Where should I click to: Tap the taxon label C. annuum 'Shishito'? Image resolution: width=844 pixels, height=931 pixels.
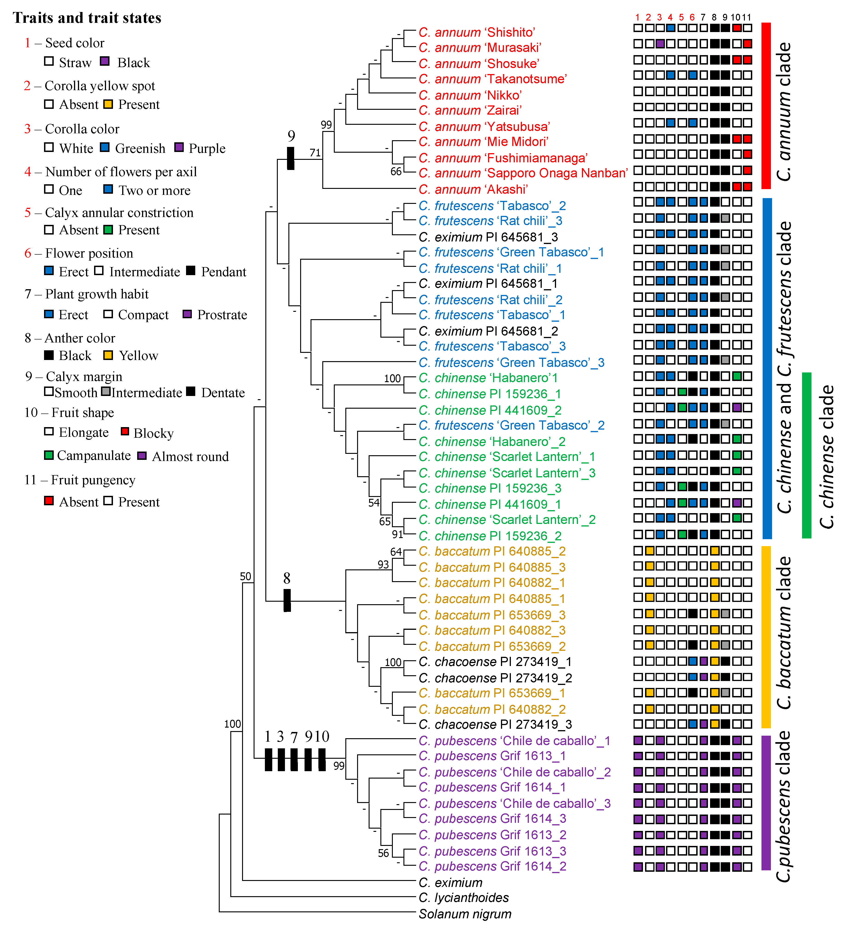477,32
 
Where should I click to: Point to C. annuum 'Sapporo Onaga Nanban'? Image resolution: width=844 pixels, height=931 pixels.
523,173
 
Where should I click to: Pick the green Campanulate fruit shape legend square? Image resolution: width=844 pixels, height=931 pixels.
48,455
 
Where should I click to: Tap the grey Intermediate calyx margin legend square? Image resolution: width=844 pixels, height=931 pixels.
106,392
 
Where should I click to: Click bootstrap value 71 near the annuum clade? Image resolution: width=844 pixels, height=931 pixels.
315,152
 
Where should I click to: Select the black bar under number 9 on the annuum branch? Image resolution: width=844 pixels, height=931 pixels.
290,158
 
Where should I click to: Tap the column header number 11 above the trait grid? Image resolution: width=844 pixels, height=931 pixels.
746,17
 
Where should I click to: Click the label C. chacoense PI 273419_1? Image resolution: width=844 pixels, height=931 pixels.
495,662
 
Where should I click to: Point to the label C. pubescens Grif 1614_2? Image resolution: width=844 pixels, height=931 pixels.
492,866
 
